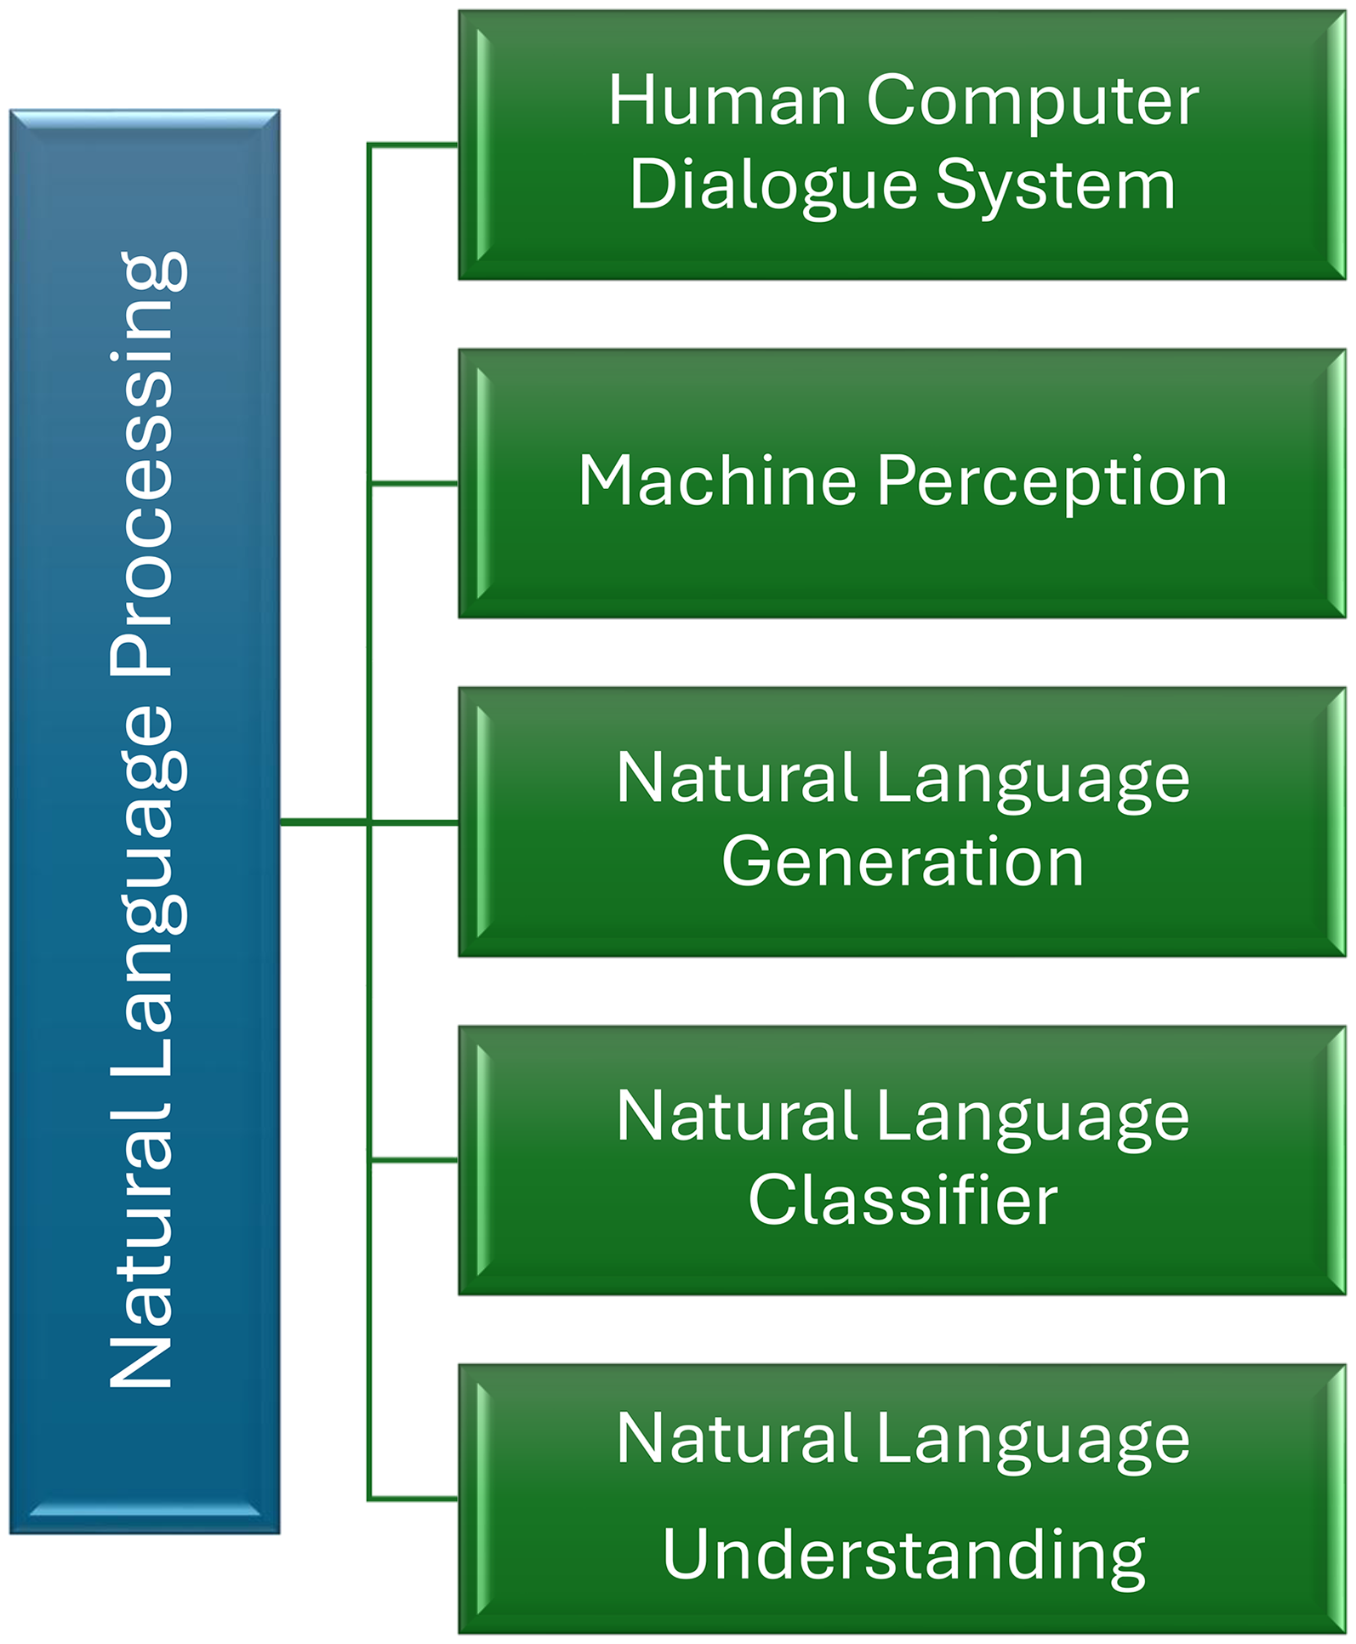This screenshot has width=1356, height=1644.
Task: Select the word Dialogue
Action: tap(773, 186)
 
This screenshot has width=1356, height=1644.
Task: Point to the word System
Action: tap(1056, 186)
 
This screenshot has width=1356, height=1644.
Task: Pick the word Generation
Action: tap(903, 862)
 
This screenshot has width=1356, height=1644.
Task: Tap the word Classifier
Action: tap(903, 1200)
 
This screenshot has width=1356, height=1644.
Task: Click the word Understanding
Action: tap(903, 1556)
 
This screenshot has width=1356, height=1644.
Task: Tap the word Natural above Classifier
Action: tap(737, 1117)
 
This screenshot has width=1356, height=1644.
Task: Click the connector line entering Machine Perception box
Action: tap(414, 483)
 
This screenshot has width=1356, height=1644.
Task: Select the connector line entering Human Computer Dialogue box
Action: tap(414, 145)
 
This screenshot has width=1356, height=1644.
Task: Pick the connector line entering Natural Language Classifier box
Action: tap(414, 1159)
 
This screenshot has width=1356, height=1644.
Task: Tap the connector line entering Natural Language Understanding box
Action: tap(414, 1498)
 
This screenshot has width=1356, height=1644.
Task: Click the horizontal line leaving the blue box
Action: tap(323, 822)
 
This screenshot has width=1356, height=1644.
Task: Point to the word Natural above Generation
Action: tap(737, 778)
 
